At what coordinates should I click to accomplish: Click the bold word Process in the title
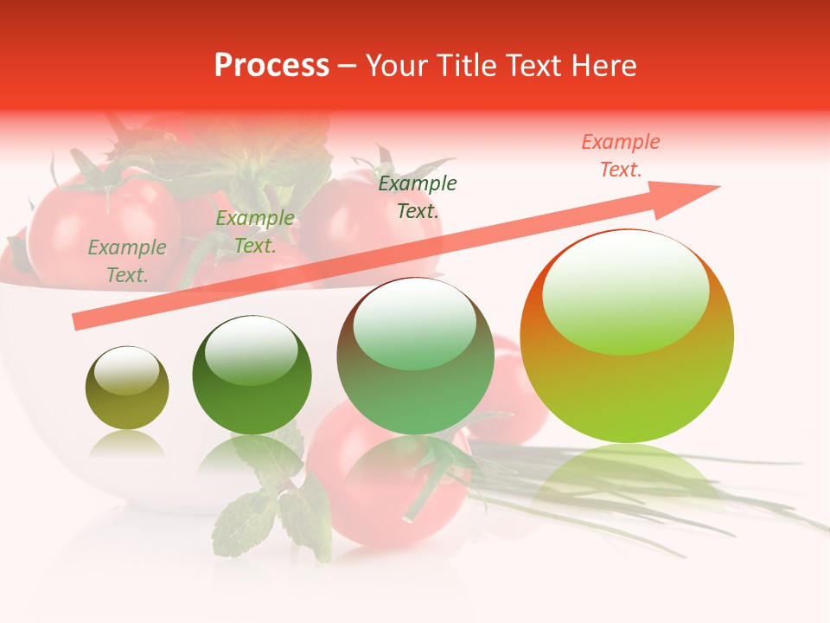click(271, 66)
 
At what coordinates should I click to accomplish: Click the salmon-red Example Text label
click(620, 156)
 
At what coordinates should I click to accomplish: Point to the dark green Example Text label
click(418, 196)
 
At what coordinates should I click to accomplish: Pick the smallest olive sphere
click(127, 388)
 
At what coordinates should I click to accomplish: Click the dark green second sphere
click(252, 375)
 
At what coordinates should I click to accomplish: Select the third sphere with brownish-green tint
click(415, 356)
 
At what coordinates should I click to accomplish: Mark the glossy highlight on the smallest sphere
click(126, 370)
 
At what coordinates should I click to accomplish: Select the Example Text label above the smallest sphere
click(127, 260)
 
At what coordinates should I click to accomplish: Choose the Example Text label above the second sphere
click(254, 232)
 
